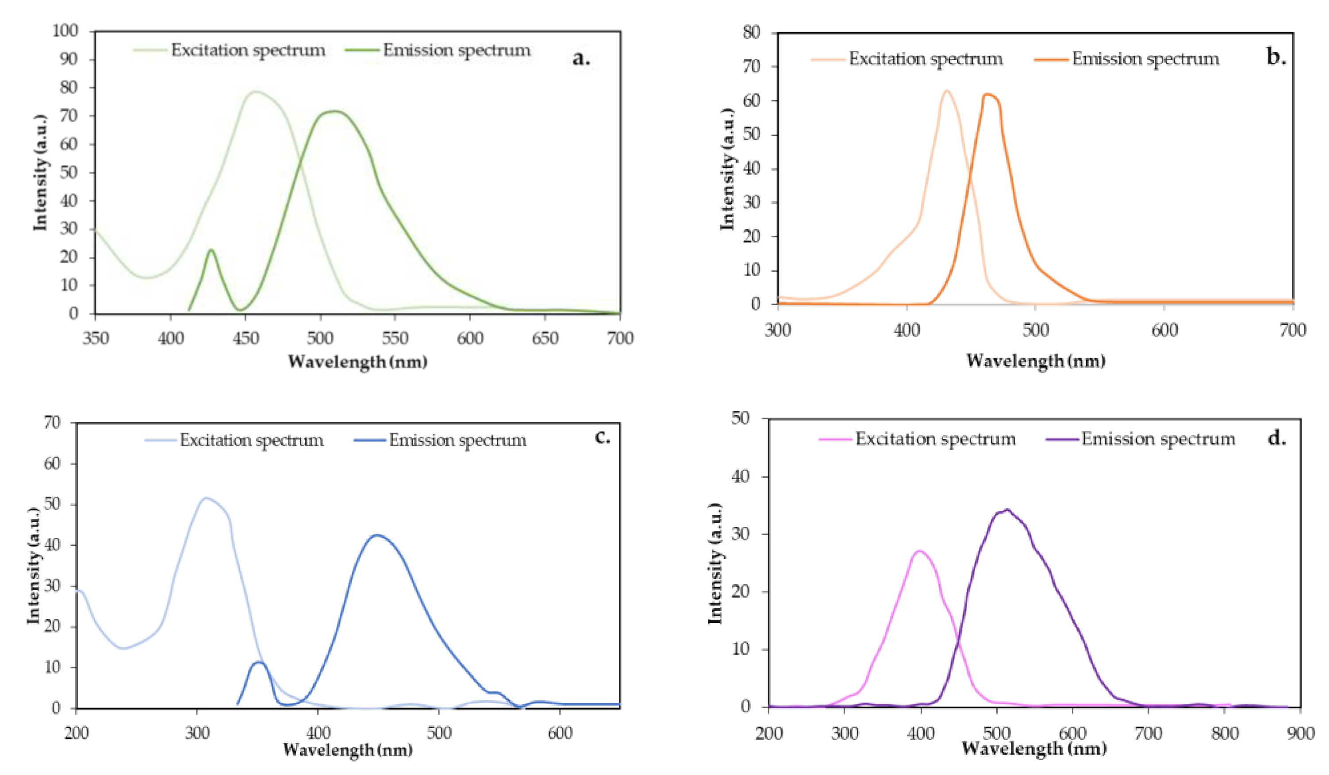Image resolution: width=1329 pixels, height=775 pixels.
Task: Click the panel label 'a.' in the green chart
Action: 580,58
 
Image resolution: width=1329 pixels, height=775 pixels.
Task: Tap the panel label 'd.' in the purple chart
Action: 1276,437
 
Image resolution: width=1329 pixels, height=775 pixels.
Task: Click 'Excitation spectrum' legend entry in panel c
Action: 251,440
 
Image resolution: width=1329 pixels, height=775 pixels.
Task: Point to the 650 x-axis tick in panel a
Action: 545,338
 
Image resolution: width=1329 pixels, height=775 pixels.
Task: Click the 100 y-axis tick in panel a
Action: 65,31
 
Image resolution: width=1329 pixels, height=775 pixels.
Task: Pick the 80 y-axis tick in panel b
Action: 752,33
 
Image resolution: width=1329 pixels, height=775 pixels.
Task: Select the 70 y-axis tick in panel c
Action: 52,422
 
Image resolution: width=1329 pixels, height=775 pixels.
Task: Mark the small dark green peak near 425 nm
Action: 211,249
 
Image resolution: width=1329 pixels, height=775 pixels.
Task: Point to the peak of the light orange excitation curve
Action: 947,91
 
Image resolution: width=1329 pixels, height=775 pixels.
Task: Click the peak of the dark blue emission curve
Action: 376,535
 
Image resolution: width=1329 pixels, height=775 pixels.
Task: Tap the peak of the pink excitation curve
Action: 920,551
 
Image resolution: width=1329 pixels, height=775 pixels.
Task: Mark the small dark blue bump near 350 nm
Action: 259,662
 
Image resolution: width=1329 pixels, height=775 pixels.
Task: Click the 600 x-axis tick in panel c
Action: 560,733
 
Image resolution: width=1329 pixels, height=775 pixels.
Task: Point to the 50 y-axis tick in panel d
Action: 741,418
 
